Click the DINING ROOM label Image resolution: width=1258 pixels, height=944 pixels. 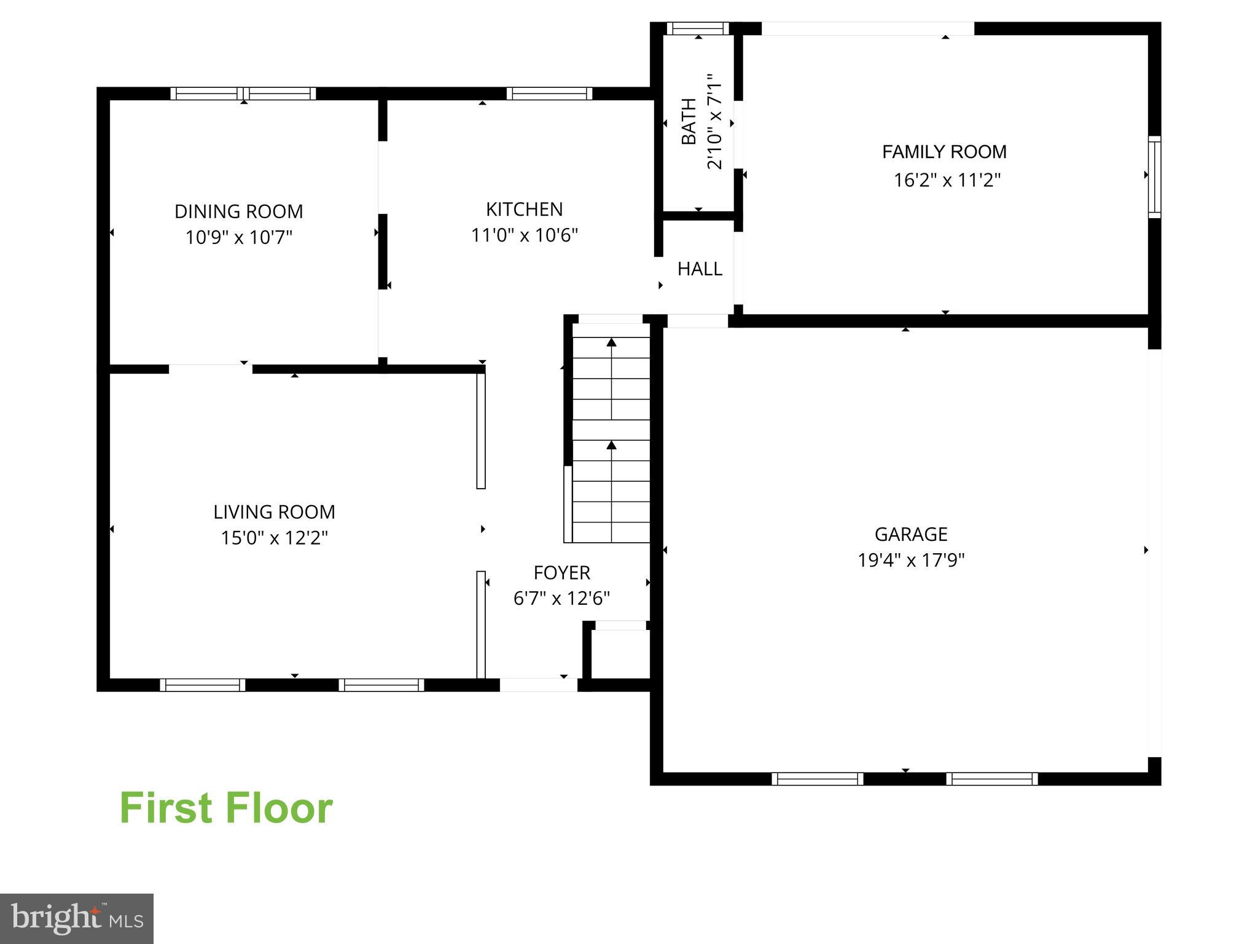click(x=238, y=211)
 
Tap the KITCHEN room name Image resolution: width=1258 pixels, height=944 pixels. click(x=524, y=210)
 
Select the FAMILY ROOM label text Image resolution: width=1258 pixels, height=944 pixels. click(x=944, y=152)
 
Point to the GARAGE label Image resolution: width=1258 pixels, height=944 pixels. click(x=911, y=534)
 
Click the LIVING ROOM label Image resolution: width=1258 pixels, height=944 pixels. click(x=274, y=512)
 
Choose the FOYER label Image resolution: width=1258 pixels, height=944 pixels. click(x=561, y=573)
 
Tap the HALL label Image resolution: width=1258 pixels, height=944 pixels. click(x=700, y=269)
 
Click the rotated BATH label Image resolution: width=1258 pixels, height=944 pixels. click(x=689, y=122)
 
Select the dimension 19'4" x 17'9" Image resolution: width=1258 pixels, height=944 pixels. click(x=911, y=560)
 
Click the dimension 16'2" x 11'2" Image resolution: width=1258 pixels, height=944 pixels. click(x=947, y=180)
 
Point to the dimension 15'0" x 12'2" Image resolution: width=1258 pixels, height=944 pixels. click(x=274, y=538)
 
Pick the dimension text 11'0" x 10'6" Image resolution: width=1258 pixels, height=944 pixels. click(x=524, y=235)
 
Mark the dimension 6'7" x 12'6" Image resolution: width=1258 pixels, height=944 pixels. click(x=561, y=599)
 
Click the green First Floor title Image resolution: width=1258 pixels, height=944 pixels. click(x=226, y=808)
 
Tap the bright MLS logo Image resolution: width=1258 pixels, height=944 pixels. click(x=77, y=918)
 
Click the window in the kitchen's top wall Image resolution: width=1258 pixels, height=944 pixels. click(x=549, y=93)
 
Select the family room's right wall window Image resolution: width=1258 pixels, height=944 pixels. click(x=1154, y=176)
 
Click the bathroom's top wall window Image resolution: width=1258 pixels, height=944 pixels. click(x=698, y=28)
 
